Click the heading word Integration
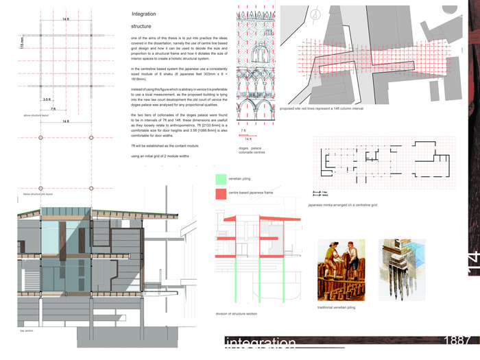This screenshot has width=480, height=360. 143,14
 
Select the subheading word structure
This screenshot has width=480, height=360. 142,26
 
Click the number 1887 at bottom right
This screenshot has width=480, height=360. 457,341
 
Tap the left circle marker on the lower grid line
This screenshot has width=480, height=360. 41,138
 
